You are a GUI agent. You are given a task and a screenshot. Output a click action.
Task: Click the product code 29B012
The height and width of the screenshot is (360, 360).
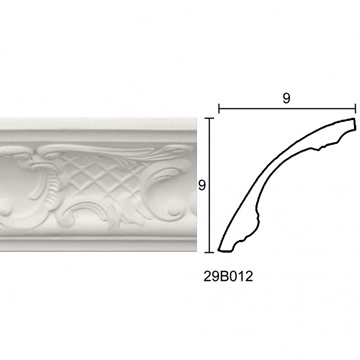tap(228, 276)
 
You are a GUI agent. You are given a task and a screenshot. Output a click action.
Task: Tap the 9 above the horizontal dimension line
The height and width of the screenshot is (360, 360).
tap(286, 98)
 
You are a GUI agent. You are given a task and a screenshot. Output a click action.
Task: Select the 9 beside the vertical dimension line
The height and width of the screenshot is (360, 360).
tap(202, 185)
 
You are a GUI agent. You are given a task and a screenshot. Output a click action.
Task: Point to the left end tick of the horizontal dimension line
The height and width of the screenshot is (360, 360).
tap(219, 109)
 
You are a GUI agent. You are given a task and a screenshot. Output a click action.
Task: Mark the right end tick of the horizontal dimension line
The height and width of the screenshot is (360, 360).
tap(356, 109)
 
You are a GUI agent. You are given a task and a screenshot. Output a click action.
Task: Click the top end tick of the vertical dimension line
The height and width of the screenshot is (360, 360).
tap(209, 118)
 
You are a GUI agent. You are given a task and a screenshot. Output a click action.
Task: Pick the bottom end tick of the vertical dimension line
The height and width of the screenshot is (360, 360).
tap(209, 252)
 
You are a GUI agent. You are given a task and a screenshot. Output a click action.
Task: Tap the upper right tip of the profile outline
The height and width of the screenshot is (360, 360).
tap(354, 119)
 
